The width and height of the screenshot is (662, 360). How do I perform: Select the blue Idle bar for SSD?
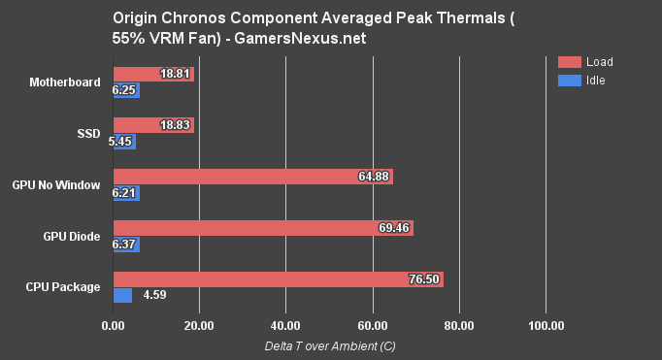click(x=124, y=142)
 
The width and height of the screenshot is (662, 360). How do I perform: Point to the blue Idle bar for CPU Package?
click(x=123, y=296)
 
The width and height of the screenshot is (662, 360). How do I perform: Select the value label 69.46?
click(x=395, y=228)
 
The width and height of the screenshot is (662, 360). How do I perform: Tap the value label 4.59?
click(x=155, y=296)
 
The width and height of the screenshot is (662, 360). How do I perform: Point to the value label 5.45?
click(x=123, y=142)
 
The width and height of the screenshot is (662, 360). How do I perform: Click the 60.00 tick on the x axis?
click(x=372, y=326)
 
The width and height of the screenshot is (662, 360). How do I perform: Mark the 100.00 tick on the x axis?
click(x=545, y=326)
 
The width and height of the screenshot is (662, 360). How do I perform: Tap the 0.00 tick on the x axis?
click(x=114, y=326)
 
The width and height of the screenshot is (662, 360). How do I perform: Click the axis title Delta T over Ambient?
click(x=330, y=345)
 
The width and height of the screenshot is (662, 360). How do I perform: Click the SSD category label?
click(x=89, y=133)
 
